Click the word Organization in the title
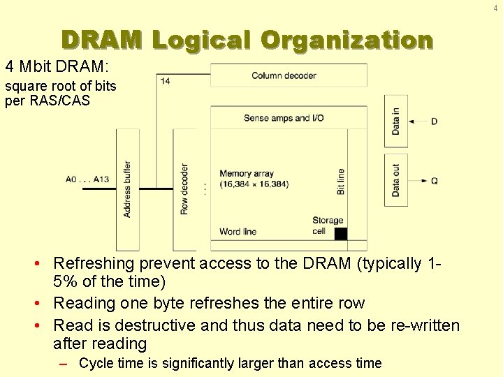coord(347,40)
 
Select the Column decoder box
coord(289,75)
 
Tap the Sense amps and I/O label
coord(284,118)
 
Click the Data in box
coord(396,121)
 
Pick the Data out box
coord(396,180)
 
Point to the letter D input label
coord(435,121)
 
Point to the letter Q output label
coord(435,181)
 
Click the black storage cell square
coord(341,234)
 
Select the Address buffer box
coord(127,189)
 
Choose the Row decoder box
coord(184,189)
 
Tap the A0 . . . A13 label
coord(87,179)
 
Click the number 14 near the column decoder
coord(165,82)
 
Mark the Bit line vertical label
coord(340,181)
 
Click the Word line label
coord(238,232)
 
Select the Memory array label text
coord(247,174)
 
